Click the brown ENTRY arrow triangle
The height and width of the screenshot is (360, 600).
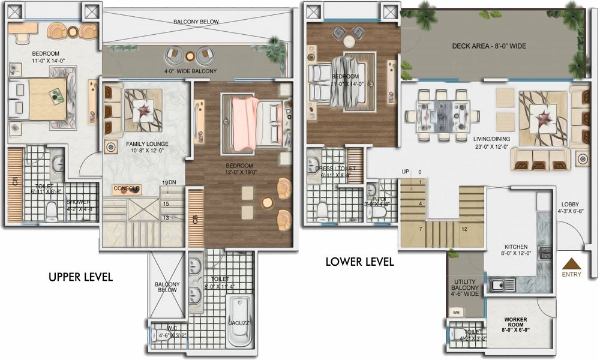tap(572, 264)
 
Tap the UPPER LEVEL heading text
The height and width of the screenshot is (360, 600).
tap(80, 277)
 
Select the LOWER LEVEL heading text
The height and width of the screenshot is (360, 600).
tap(359, 262)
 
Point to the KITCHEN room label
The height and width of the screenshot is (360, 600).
tap(515, 247)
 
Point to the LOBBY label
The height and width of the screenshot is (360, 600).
tap(571, 204)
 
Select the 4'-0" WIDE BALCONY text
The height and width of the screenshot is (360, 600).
tap(191, 71)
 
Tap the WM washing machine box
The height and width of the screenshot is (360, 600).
tap(456, 313)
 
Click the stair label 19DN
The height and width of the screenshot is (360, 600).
tap(169, 182)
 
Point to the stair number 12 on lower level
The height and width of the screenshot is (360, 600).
tap(464, 229)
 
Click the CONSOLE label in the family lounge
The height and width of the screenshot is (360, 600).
tap(127, 189)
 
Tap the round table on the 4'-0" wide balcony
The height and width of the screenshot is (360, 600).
tap(190, 56)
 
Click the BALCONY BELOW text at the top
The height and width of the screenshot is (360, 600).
tap(196, 22)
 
